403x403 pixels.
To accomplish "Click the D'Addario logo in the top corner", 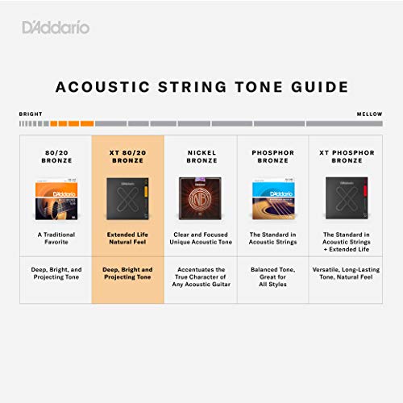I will tap(56, 28).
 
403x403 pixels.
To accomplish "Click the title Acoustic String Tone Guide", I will tap(201, 87).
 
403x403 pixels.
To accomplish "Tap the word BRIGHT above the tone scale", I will tap(31, 114).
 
